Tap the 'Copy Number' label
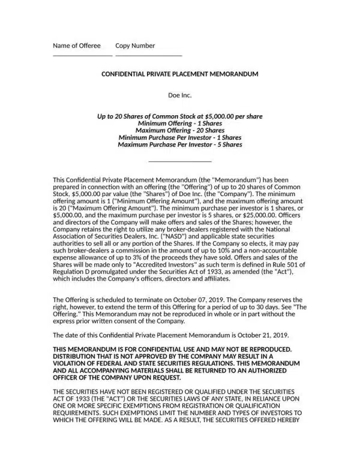point(135,46)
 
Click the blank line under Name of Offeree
point(82,55)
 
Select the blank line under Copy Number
point(148,55)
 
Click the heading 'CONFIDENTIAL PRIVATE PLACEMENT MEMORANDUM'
point(180,74)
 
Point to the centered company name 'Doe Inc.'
point(180,95)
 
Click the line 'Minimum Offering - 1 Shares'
point(180,123)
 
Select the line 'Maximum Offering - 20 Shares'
point(180,130)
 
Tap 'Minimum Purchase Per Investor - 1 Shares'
point(180,137)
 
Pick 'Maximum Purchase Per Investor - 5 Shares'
point(180,145)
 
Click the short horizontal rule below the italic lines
point(180,161)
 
